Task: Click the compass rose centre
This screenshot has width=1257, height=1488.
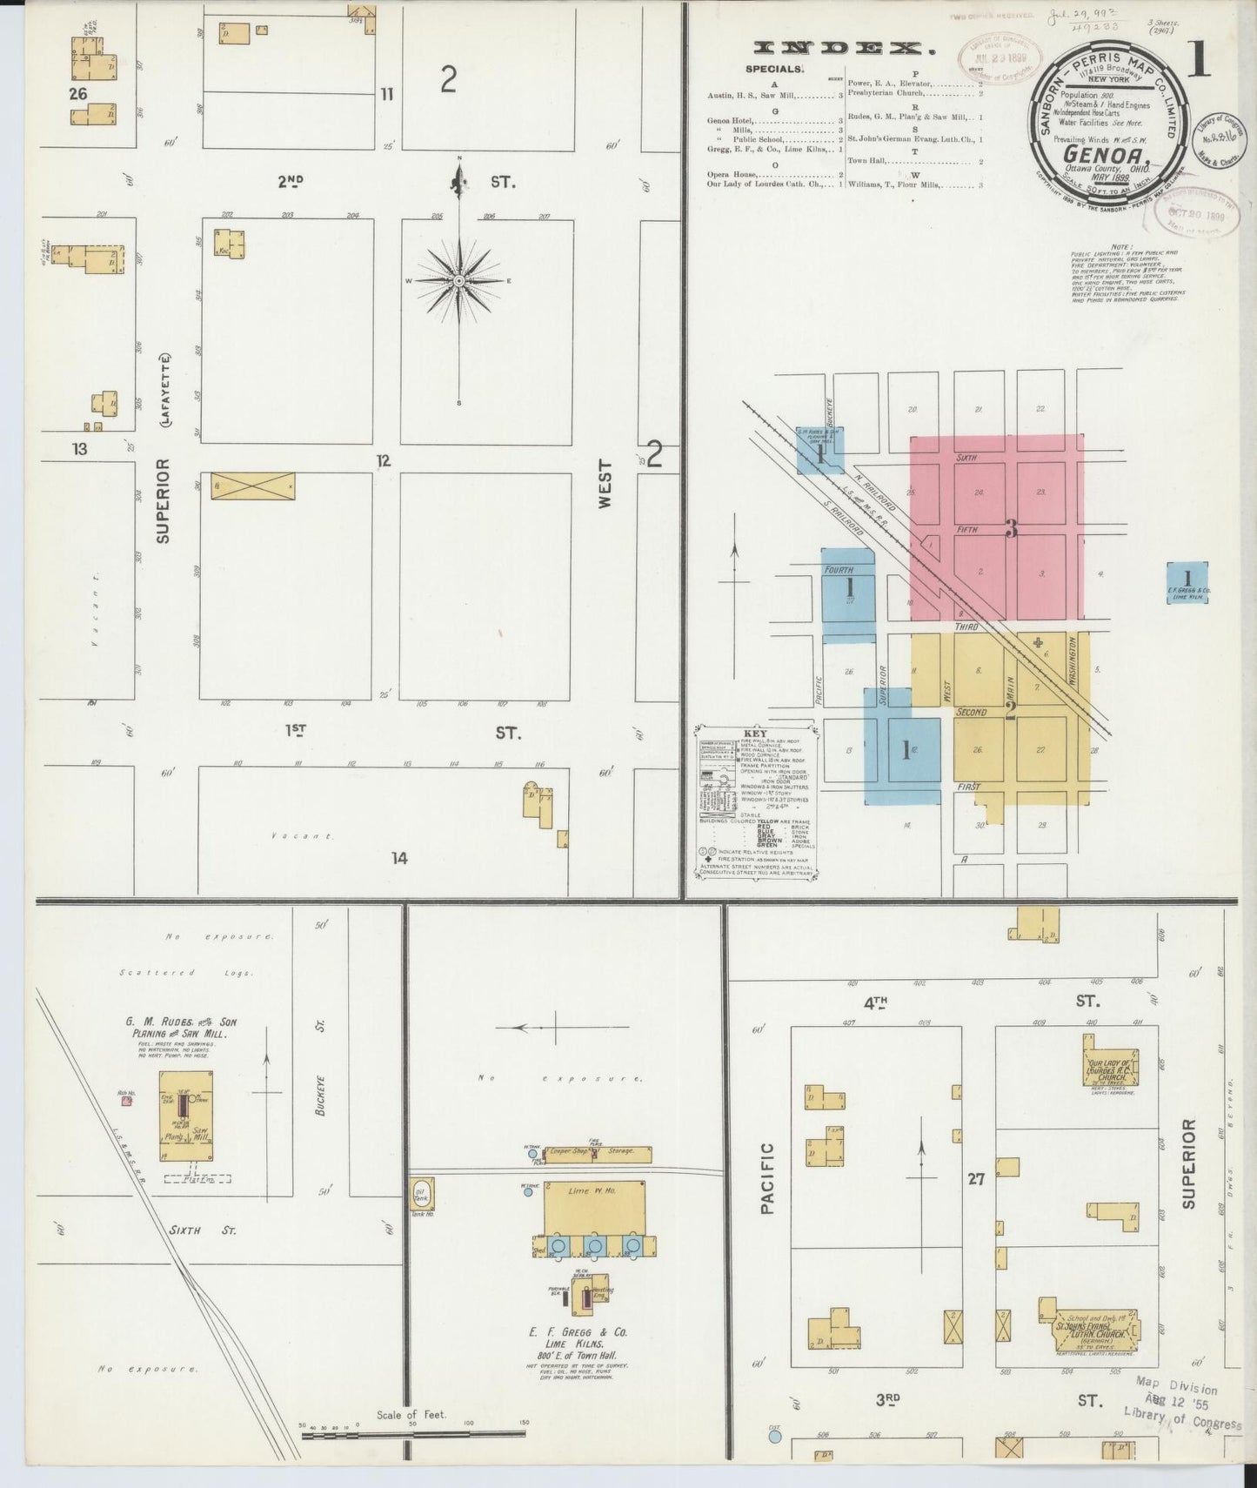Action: (458, 281)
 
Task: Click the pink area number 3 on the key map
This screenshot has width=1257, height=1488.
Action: (1011, 528)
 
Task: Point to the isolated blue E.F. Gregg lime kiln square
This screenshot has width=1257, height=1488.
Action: (1187, 582)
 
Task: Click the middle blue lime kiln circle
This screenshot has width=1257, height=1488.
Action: (595, 1246)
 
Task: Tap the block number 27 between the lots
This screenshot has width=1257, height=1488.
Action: (975, 1179)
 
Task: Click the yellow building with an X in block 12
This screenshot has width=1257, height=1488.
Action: (253, 486)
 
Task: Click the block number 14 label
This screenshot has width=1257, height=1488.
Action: (398, 859)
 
